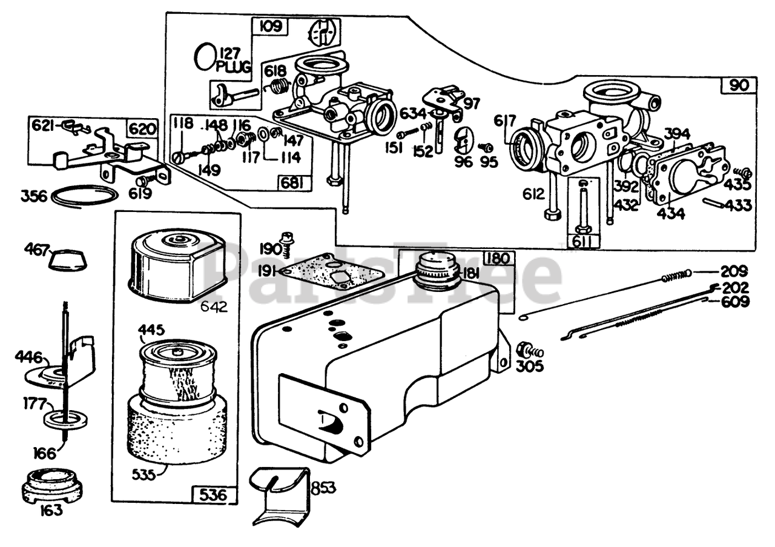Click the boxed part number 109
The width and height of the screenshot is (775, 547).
pyautogui.click(x=270, y=27)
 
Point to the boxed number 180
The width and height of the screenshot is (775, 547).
pyautogui.click(x=497, y=259)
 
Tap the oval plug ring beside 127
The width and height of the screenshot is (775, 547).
pyautogui.click(x=204, y=56)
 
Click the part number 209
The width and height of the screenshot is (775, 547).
pyautogui.click(x=734, y=271)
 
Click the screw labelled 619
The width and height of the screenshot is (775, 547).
pyautogui.click(x=143, y=181)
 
